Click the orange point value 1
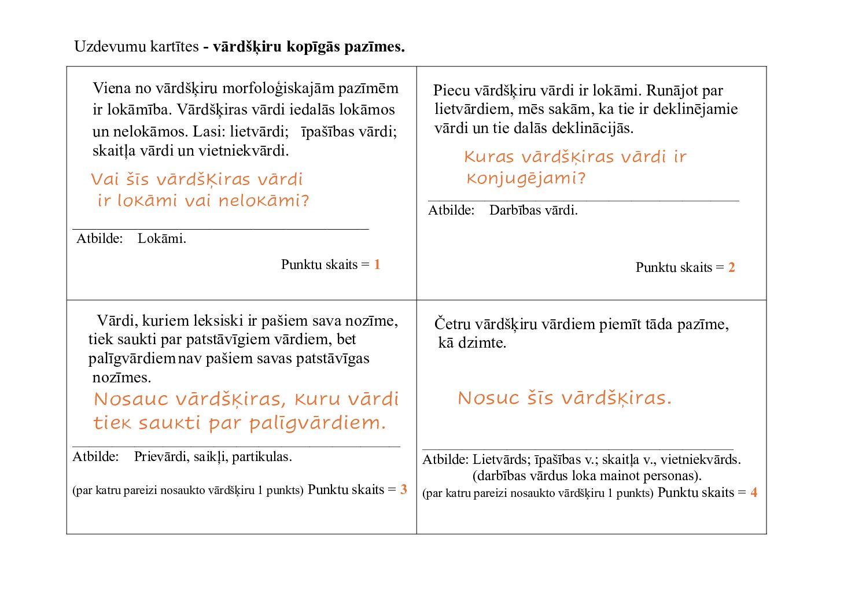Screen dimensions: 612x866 [x=377, y=265]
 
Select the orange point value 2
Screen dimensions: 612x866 [x=732, y=268]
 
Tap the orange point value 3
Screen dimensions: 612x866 [x=404, y=490]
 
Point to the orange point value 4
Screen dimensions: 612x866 [x=754, y=493]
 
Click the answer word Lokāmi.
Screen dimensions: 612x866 [x=162, y=239]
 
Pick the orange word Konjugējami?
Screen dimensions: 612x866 [x=526, y=179]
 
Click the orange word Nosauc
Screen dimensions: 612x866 [x=131, y=399]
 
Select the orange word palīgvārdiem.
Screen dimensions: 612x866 [x=318, y=423]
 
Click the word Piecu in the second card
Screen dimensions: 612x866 [x=451, y=91]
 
